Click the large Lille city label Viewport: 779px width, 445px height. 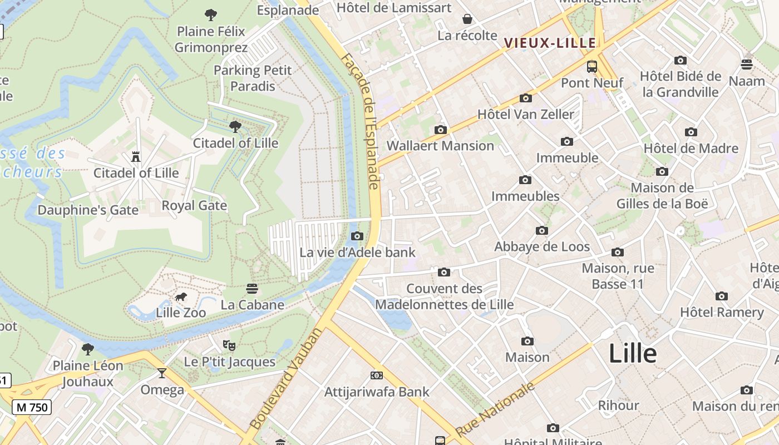[633, 354]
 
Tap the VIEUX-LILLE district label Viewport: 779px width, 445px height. [550, 43]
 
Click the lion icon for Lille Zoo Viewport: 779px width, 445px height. [180, 297]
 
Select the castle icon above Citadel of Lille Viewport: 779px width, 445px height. [136, 157]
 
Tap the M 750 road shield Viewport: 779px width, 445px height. [32, 407]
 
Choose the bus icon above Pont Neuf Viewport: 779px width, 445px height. [592, 67]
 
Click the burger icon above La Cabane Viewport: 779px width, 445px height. [252, 289]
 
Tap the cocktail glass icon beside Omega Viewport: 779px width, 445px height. [162, 373]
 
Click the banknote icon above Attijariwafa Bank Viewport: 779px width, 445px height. [377, 375]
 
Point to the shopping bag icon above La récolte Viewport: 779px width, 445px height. [467, 19]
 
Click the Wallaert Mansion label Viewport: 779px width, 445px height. [440, 146]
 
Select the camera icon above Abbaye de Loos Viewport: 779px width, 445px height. [542, 230]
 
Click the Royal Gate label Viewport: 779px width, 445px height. [194, 206]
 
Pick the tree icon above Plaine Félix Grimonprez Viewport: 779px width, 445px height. [211, 15]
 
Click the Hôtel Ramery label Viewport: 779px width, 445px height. [722, 312]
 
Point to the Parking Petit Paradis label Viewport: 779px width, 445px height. [253, 78]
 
